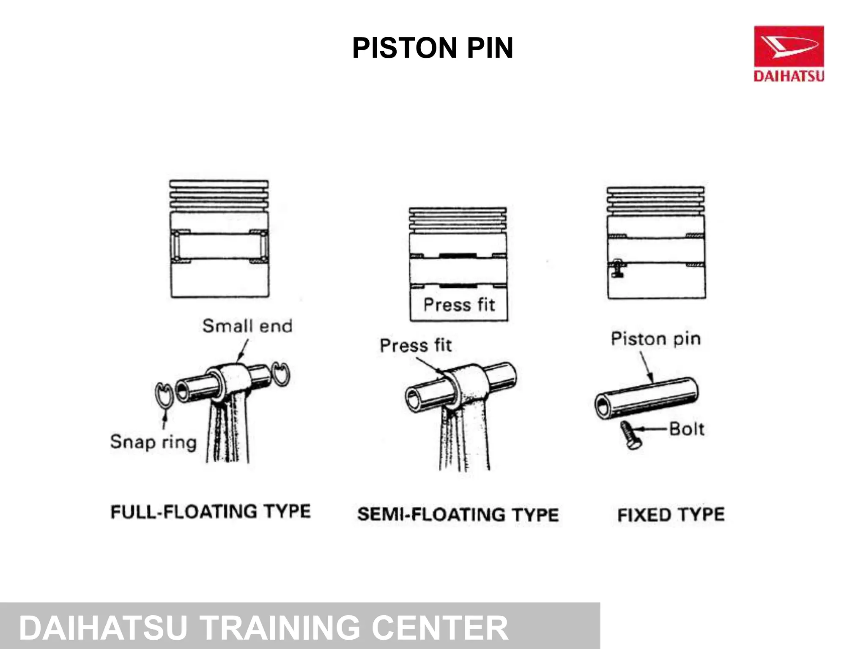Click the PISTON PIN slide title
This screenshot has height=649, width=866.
433,48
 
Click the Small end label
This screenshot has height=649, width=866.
247,326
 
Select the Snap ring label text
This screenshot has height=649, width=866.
153,442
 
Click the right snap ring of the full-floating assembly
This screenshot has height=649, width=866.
280,373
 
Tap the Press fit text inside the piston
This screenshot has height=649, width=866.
459,305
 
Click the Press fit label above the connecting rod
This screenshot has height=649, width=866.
416,345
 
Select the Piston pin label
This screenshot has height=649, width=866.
656,339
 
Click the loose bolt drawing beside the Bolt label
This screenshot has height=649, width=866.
630,435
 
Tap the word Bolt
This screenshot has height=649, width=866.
687,429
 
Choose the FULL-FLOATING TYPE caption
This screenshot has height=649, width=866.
211,512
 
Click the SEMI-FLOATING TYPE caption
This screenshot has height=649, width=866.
458,515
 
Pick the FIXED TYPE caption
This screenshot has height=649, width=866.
671,515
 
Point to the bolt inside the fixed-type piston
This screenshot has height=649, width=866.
617,268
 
